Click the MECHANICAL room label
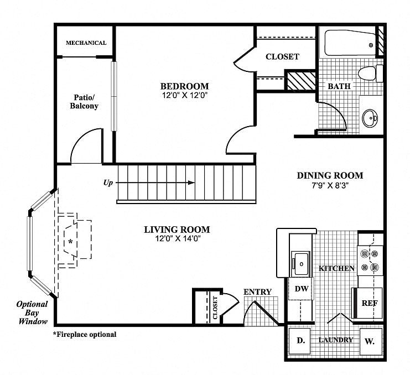[86, 43]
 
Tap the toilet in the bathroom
[370, 73]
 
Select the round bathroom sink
[370, 118]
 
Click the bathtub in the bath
[350, 43]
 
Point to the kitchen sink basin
[300, 263]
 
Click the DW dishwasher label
[302, 289]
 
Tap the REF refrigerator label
[370, 303]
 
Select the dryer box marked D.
[299, 341]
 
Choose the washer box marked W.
[371, 341]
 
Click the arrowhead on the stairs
[191, 183]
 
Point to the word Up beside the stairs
[108, 183]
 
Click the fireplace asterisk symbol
[70, 242]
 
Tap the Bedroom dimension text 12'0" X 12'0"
[185, 95]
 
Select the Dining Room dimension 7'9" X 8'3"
[330, 185]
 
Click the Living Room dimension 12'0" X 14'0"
[178, 238]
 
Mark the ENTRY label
[257, 292]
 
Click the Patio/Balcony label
[84, 102]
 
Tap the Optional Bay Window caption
[32, 312]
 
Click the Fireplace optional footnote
[85, 334]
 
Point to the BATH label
[339, 86]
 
